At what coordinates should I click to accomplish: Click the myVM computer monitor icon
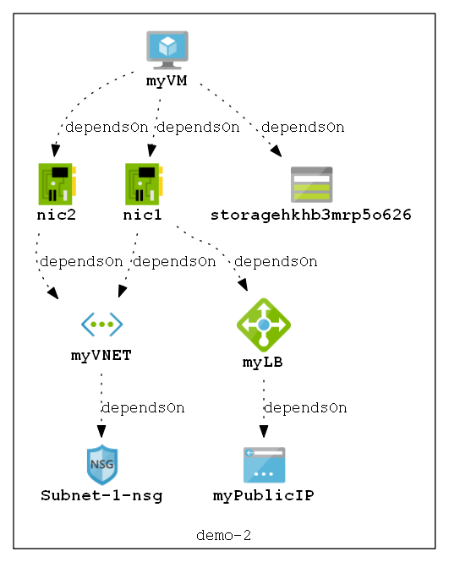pos(167,49)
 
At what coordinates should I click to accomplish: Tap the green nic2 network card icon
pos(57,183)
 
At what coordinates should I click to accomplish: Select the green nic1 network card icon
pos(143,183)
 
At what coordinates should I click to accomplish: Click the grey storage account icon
pos(311,183)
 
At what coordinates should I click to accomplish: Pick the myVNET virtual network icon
pos(101,324)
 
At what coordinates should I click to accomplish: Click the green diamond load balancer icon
pos(264,325)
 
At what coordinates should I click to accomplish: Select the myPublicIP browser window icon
pos(264,465)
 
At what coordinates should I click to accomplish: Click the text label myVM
pos(167,81)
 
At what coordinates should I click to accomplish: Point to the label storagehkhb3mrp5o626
pos(311,215)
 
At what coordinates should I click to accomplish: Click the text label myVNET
pos(101,355)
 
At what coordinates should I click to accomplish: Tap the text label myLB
pos(263,362)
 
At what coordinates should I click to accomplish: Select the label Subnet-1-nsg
pos(101,495)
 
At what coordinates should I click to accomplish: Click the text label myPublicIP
pos(264,495)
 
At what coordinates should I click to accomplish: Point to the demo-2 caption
pos(224,535)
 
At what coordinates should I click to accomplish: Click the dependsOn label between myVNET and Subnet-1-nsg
pos(143,407)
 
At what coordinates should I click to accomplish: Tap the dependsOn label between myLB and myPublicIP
pos(305,407)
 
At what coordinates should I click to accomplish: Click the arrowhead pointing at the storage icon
pos(276,151)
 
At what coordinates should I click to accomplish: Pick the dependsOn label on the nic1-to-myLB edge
pos(276,261)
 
